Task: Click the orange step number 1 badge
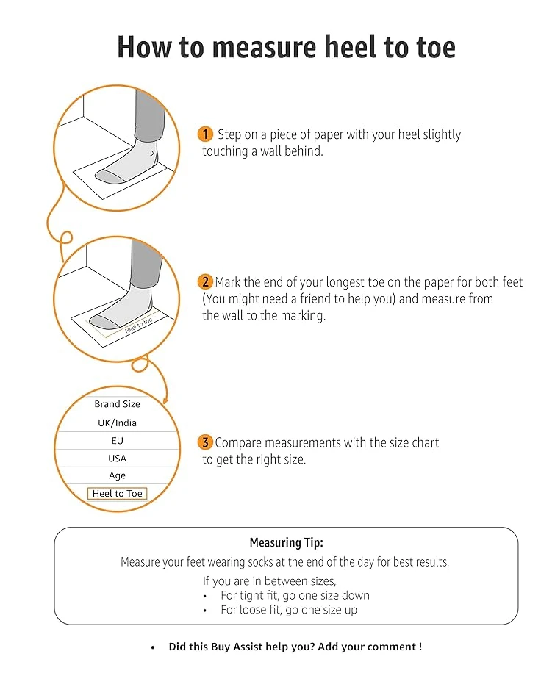tap(205, 134)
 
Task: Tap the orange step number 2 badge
tap(205, 282)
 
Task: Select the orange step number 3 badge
tap(205, 442)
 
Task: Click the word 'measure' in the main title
tap(264, 47)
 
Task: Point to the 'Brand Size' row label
tap(118, 404)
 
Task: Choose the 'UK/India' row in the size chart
tap(118, 423)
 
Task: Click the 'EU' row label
tap(118, 441)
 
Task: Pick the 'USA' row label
tap(118, 459)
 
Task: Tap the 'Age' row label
tap(118, 475)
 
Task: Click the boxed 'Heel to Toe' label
tap(118, 493)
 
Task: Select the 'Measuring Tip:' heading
tap(287, 542)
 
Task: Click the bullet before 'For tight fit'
tap(205, 597)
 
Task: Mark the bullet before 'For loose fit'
tap(205, 611)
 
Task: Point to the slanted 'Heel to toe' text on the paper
tap(138, 326)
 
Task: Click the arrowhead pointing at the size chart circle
tap(165, 400)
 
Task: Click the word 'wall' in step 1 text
tap(270, 151)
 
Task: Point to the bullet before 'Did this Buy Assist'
tap(153, 647)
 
